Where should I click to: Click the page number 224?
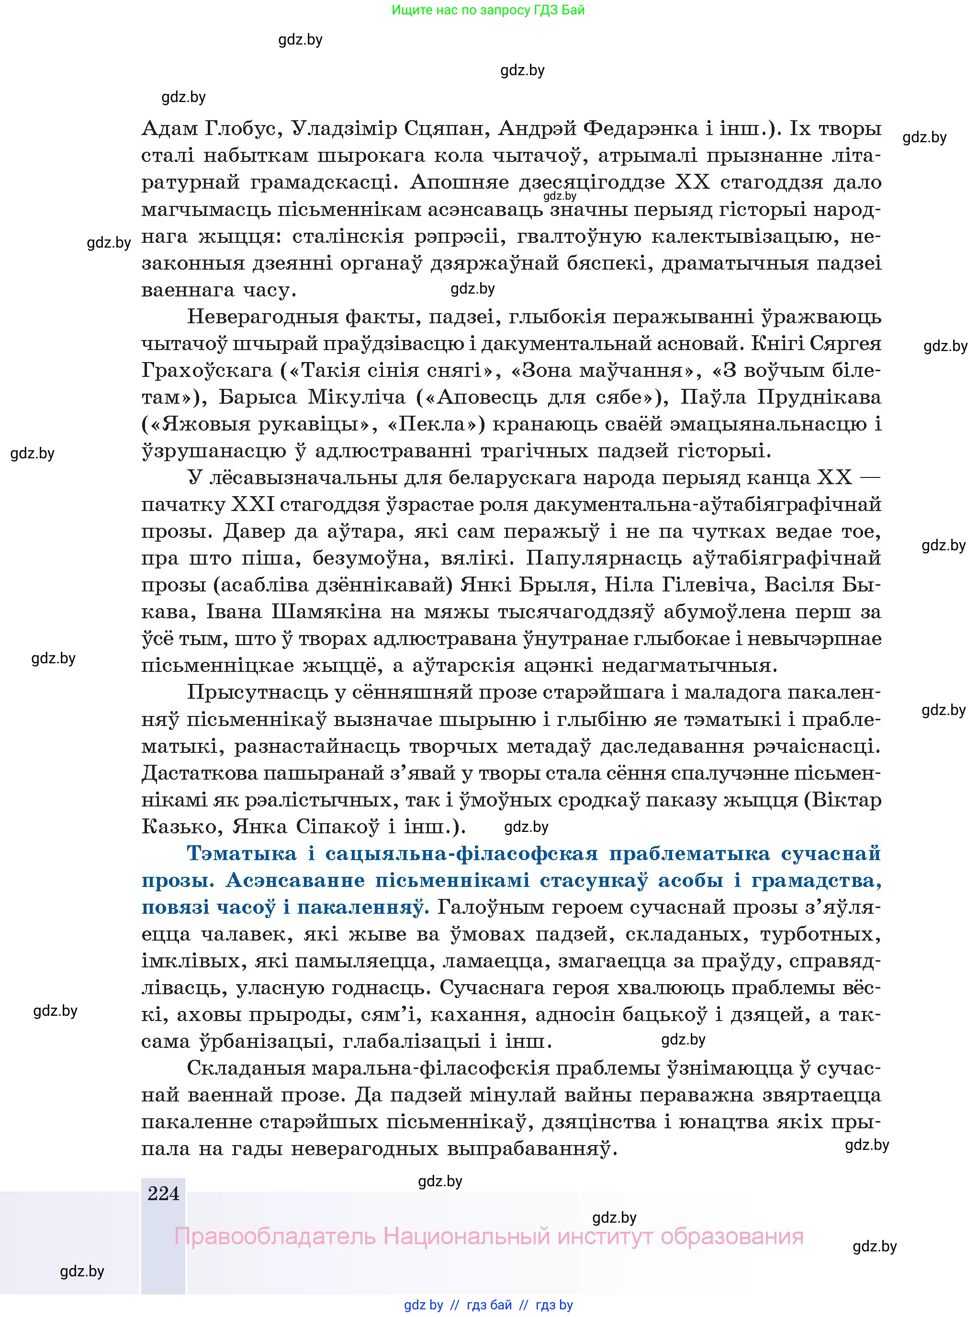click(x=163, y=1193)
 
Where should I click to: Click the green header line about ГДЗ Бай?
click(x=488, y=10)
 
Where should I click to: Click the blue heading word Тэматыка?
click(x=242, y=854)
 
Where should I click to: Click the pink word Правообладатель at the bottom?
click(x=275, y=1237)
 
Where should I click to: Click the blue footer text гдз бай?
click(x=490, y=1305)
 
